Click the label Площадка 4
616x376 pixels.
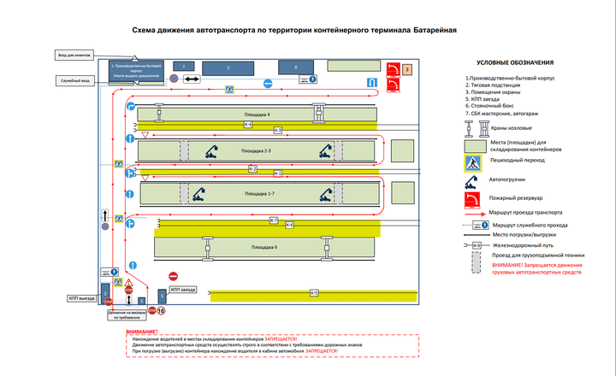click(x=257, y=114)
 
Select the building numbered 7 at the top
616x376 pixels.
click(x=228, y=67)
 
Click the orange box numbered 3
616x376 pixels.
click(x=407, y=68)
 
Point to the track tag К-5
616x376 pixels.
click(x=314, y=293)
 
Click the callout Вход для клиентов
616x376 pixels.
click(x=74, y=56)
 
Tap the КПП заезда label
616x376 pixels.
click(x=183, y=291)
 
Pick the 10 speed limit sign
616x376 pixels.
click(x=160, y=310)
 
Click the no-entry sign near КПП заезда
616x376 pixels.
click(x=173, y=276)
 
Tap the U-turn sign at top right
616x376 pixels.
click(x=370, y=83)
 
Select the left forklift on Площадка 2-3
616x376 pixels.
click(x=209, y=153)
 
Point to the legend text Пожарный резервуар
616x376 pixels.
click(x=513, y=199)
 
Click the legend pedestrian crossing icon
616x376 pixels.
click(x=471, y=162)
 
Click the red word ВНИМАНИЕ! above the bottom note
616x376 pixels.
click(x=141, y=332)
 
